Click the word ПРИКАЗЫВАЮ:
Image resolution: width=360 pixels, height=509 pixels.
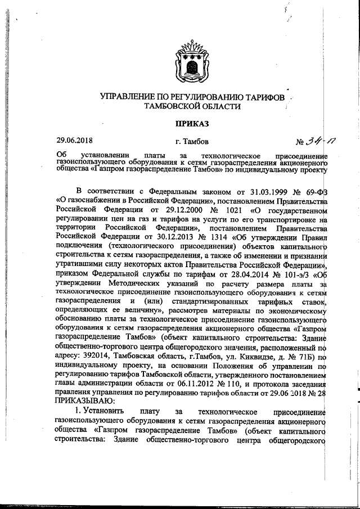point(84,400)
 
